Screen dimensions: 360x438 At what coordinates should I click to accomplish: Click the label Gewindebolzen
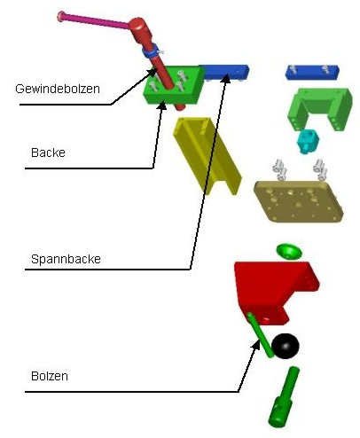tap(58, 89)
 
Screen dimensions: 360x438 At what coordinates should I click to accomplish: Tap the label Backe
tap(48, 153)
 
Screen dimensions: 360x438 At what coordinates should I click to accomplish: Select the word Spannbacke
tap(66, 259)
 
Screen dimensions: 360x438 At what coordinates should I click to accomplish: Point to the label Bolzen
tap(50, 376)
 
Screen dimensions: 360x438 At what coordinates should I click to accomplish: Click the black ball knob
tap(286, 346)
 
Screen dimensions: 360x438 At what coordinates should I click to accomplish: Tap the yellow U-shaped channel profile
tap(207, 155)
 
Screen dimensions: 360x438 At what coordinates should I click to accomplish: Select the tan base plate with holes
tap(299, 201)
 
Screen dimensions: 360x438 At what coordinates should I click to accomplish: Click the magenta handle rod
tap(94, 20)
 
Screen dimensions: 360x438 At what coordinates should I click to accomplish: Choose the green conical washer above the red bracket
tap(289, 252)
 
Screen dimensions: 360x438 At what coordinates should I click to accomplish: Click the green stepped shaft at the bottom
tap(283, 397)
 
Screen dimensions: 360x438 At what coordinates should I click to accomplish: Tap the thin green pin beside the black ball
tap(260, 335)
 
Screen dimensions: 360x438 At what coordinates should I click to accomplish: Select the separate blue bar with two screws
tap(312, 73)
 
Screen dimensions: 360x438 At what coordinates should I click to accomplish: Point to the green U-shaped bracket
tap(321, 108)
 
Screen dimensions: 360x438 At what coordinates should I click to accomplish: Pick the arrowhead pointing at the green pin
tap(256, 345)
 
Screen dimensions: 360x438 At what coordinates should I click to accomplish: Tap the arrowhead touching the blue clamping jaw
tap(226, 78)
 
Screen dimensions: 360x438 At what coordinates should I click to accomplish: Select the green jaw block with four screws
tap(173, 86)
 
